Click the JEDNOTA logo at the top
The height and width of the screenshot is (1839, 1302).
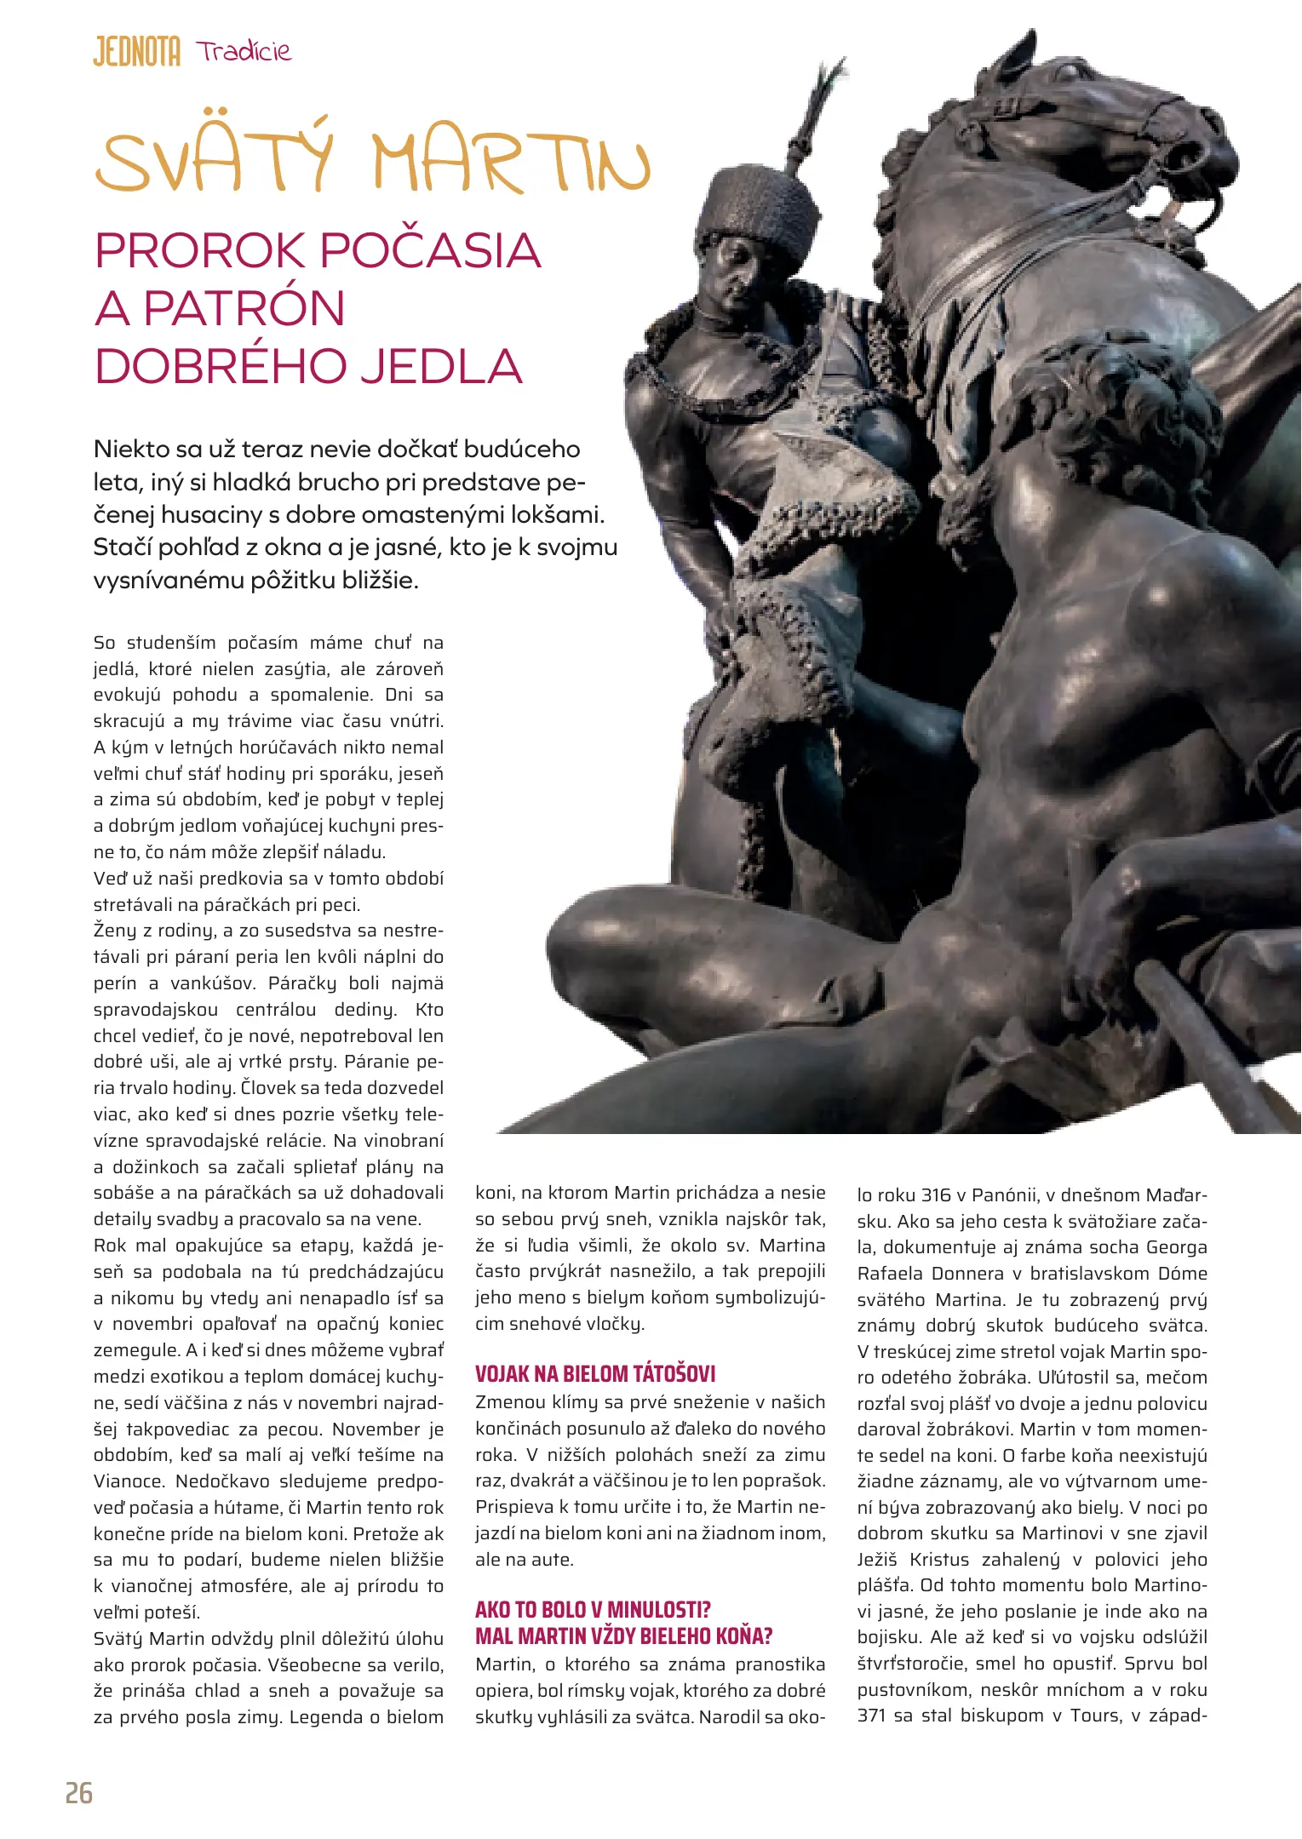(x=136, y=52)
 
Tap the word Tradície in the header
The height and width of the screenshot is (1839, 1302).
(x=244, y=51)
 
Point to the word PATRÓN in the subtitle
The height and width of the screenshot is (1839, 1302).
(x=244, y=308)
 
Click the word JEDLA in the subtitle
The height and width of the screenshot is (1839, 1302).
(x=439, y=366)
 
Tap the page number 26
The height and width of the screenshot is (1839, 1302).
(x=79, y=1793)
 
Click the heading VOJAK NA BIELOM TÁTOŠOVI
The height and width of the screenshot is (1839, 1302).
(x=595, y=1373)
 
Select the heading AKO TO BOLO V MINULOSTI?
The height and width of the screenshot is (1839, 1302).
(x=593, y=1609)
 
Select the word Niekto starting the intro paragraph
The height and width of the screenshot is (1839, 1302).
(x=131, y=449)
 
